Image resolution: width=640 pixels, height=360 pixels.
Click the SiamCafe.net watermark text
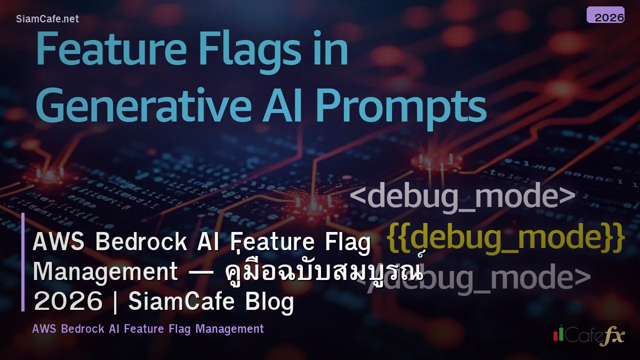[47, 19]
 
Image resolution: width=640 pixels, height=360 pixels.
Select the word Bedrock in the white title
[142, 243]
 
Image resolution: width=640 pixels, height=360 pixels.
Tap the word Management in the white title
[105, 273]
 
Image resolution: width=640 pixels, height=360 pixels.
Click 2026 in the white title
[68, 302]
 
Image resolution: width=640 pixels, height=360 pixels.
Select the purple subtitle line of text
[148, 329]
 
